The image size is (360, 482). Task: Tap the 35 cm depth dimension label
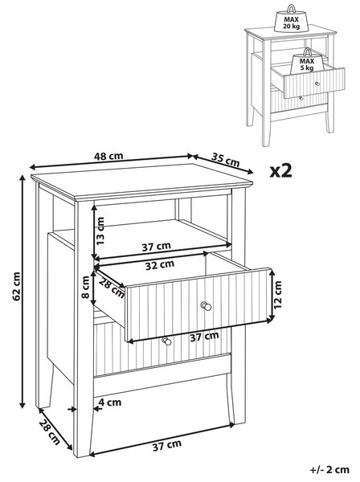coord(225,160)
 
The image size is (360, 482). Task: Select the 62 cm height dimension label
coord(16,286)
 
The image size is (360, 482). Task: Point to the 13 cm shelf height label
coord(100,231)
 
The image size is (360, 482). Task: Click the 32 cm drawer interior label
coord(160,265)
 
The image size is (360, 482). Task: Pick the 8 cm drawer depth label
coord(86,288)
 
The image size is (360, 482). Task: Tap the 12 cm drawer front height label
coord(277,295)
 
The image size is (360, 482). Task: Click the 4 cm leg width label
coord(110,402)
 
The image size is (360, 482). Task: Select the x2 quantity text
coord(280,170)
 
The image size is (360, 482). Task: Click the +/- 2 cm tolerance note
coord(329,470)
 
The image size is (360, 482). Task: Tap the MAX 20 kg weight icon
coord(291,18)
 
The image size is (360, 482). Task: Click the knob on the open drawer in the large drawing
coord(206,306)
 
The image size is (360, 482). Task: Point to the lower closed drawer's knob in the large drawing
coord(166,341)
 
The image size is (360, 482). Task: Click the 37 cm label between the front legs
coord(167,445)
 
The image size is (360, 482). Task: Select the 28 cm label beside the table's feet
coord(50,432)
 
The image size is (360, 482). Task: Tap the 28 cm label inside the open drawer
coord(112,288)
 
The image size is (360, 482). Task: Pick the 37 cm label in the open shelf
coord(156,247)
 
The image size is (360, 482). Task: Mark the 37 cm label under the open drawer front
coord(204,337)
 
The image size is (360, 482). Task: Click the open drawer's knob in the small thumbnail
coord(317,84)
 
